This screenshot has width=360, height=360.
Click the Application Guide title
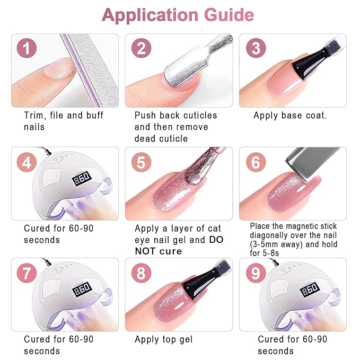point(178,15)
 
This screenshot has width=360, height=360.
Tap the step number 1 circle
point(28,49)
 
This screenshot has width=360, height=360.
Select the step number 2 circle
point(141,49)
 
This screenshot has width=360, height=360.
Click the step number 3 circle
point(256,49)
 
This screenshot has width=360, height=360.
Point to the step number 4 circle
point(28,162)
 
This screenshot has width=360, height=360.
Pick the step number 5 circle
point(141,162)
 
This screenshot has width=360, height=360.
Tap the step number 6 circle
point(256,162)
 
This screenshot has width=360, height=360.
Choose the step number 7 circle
point(28,274)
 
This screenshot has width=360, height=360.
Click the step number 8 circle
point(141,274)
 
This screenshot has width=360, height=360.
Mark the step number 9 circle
point(256,274)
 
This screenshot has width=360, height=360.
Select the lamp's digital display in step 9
point(310,290)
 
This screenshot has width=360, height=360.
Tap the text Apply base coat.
point(290,116)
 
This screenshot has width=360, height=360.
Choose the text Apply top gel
point(163,339)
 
